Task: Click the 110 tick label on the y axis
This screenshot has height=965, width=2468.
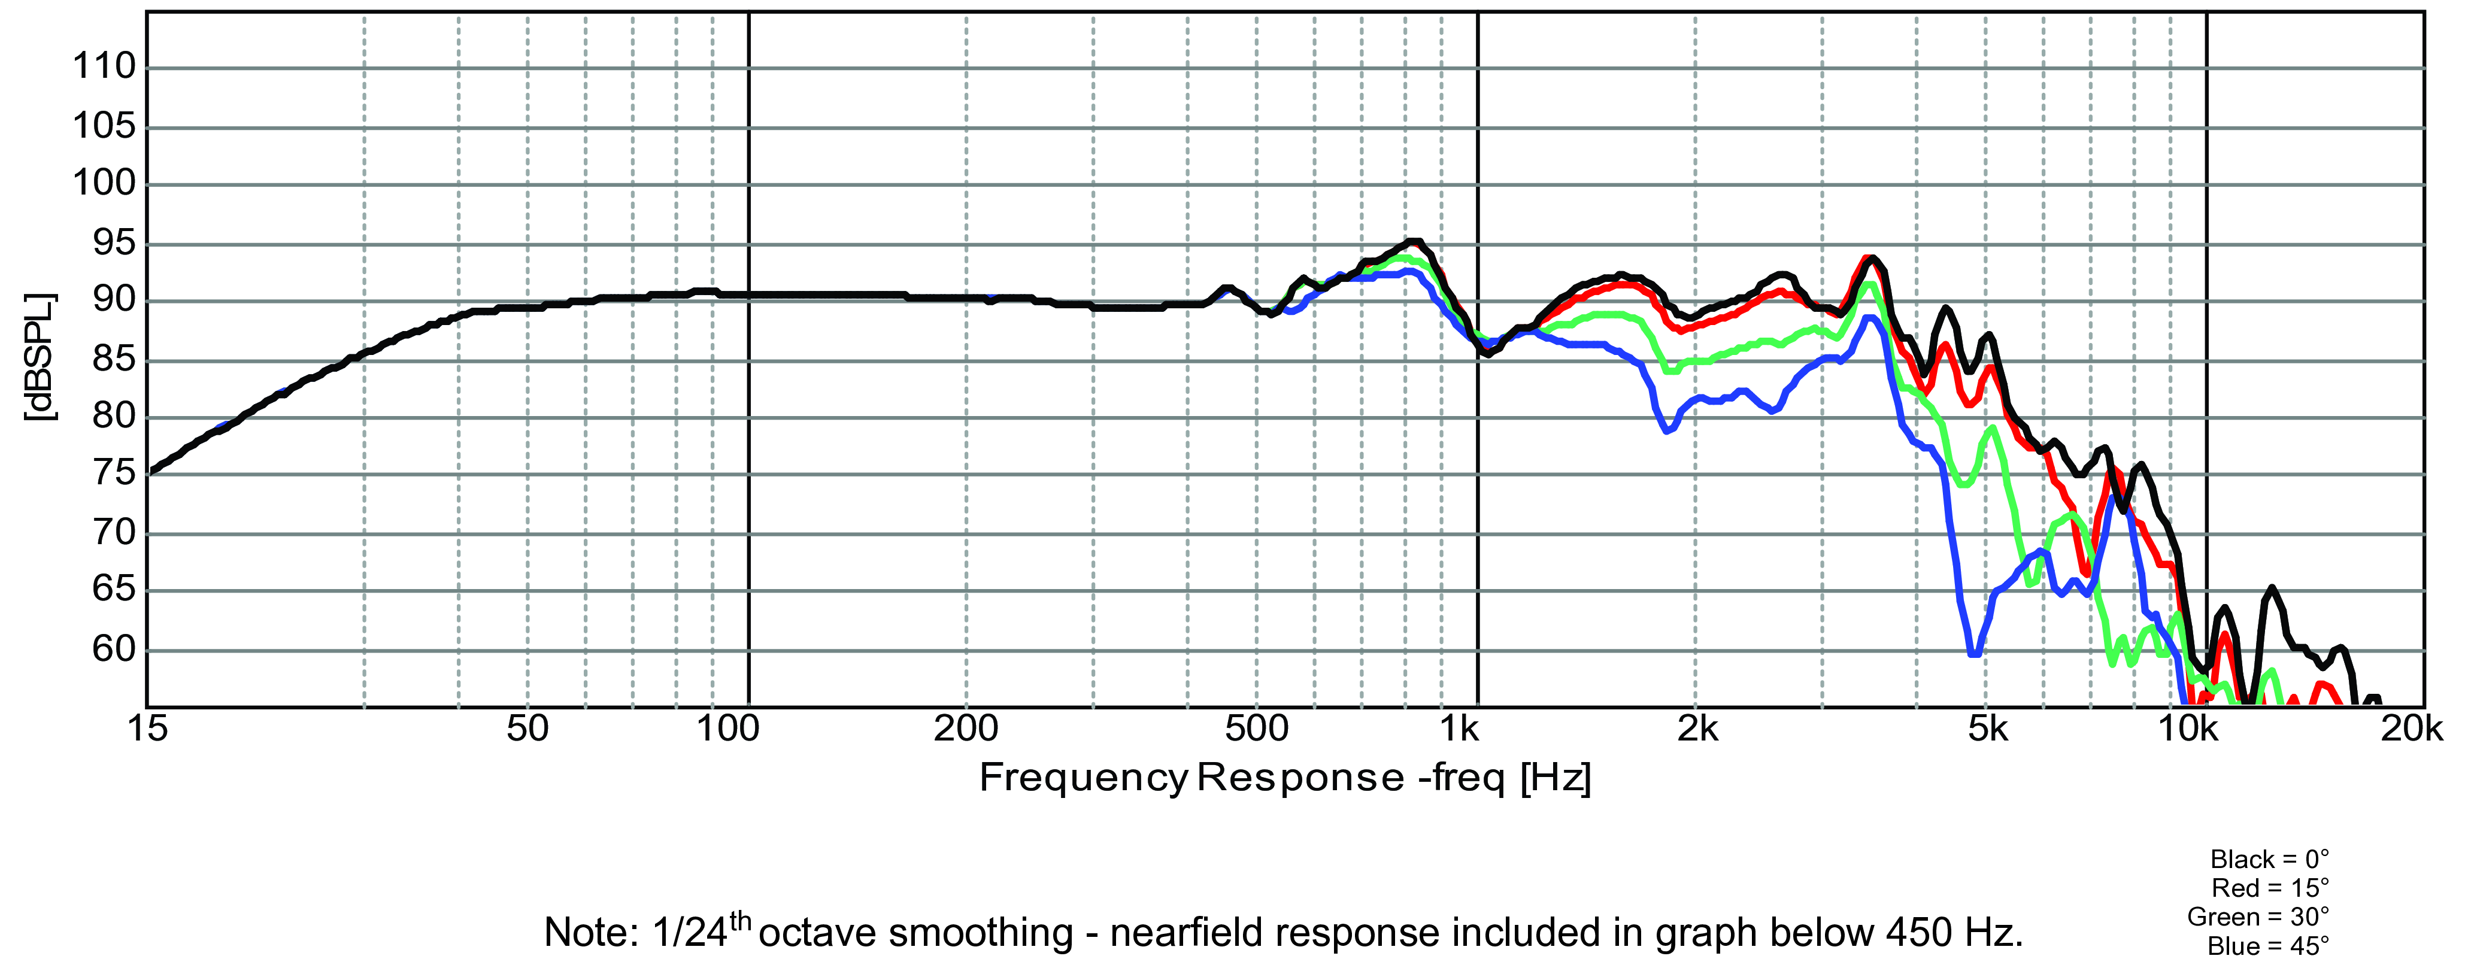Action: [x=104, y=67]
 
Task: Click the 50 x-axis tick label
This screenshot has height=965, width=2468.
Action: [x=527, y=729]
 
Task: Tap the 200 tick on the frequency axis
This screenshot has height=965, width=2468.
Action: [x=966, y=729]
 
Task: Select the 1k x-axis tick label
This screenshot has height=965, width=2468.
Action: [x=1460, y=729]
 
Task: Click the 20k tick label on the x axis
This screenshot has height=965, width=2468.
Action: [x=2412, y=729]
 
